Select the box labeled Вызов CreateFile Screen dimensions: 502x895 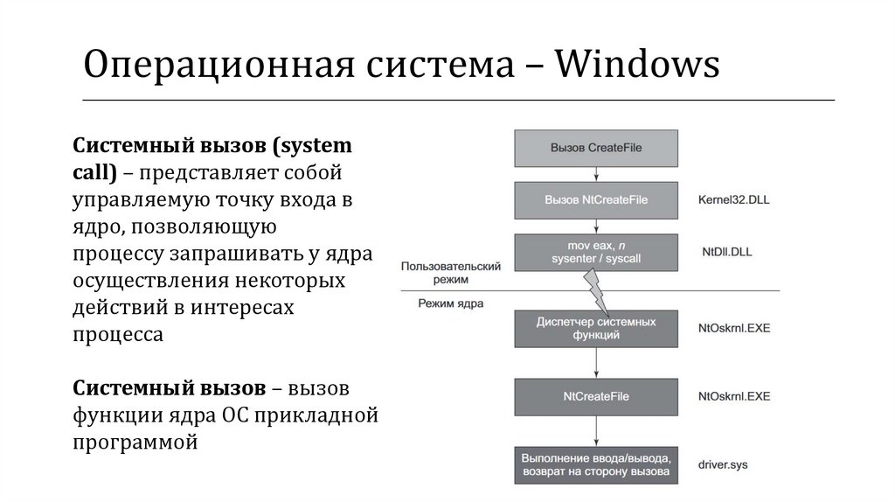tap(596, 148)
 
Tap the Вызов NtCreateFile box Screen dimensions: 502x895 tap(596, 199)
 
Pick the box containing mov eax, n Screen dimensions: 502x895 tap(596, 252)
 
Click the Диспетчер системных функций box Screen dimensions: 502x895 tap(596, 329)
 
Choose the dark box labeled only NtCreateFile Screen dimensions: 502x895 tap(596, 396)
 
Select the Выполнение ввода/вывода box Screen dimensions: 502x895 tap(596, 464)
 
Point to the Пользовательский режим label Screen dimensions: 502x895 tap(449, 270)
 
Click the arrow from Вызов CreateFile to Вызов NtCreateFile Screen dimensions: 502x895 tap(596, 173)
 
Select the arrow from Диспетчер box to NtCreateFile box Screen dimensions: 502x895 tap(596, 362)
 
